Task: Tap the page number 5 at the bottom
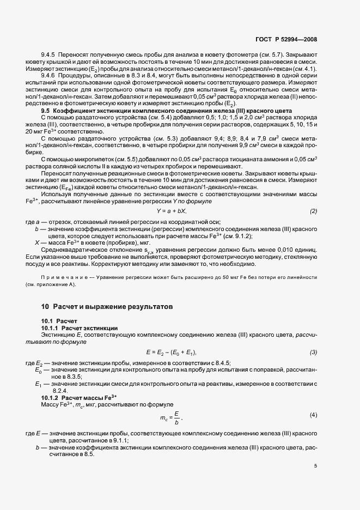click(x=315, y=466)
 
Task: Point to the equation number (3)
click(x=313, y=353)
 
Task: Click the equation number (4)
click(x=313, y=415)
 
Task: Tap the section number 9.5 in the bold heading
click(x=46, y=111)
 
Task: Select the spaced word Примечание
click(x=62, y=277)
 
